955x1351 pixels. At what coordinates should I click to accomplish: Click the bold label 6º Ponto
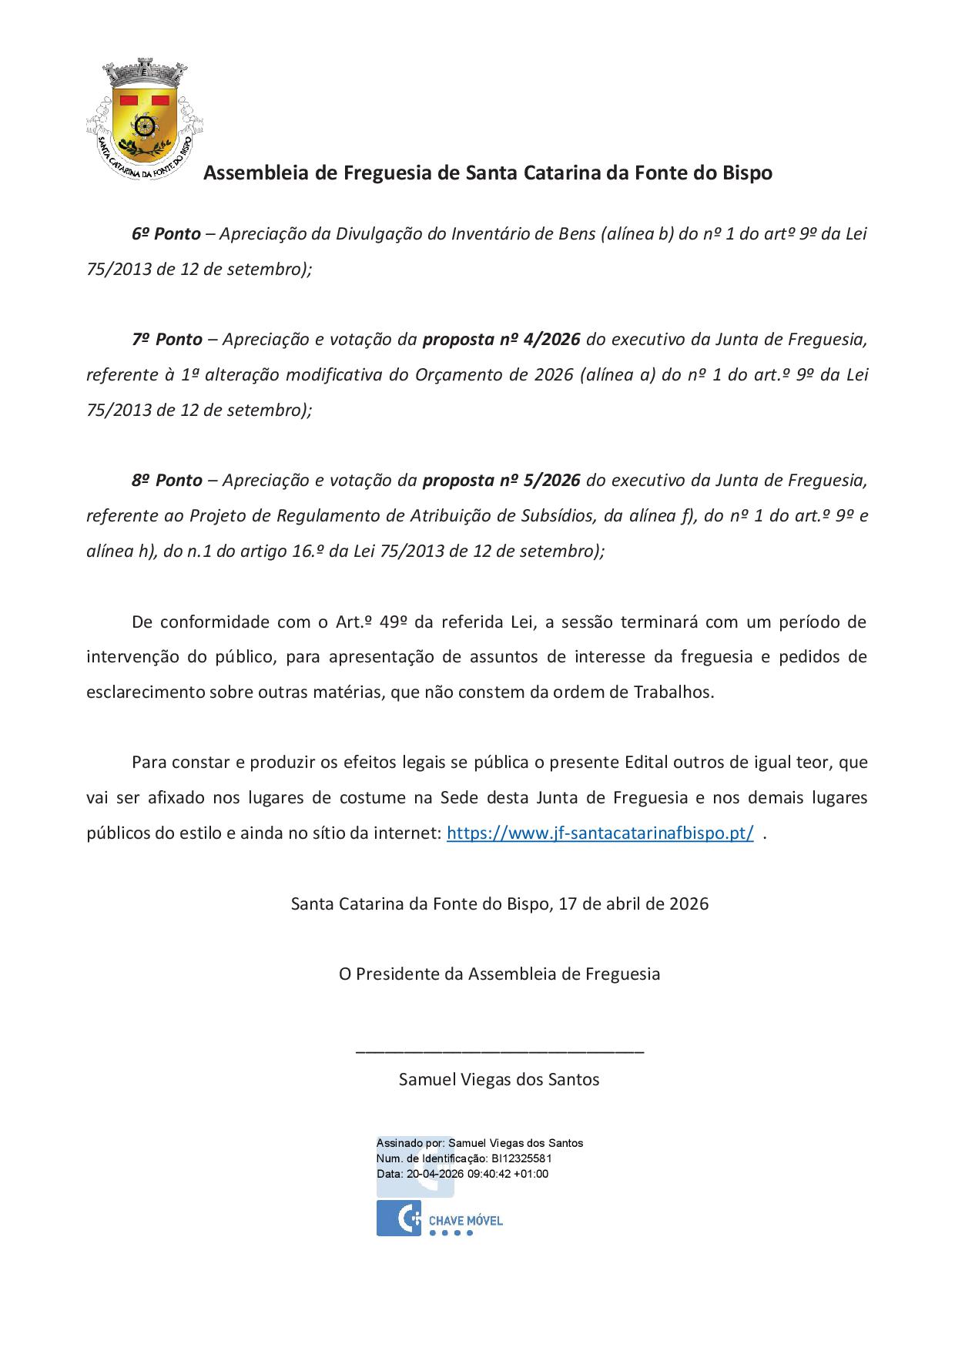[166, 234]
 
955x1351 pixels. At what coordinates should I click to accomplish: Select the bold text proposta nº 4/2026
[501, 340]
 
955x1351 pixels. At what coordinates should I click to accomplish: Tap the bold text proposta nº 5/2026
[501, 481]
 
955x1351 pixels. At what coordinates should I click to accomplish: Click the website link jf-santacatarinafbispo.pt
[600, 833]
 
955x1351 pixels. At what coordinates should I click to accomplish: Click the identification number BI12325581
[521, 1158]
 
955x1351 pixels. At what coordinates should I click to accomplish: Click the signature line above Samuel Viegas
[500, 1050]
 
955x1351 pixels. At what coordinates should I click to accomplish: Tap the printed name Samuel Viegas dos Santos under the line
[499, 1080]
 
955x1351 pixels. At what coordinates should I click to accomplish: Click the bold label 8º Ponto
[166, 481]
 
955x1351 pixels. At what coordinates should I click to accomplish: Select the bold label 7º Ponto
[166, 340]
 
